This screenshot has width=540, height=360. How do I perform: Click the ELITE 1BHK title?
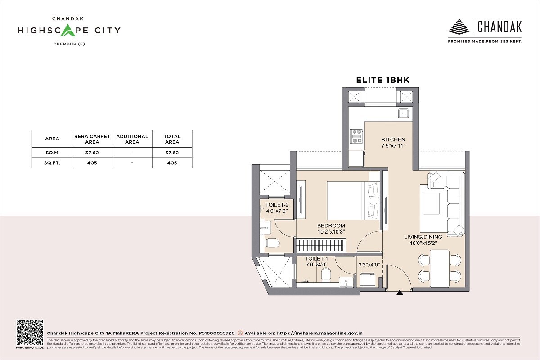click(x=382, y=80)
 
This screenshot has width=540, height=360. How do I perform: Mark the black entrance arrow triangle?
click(x=400, y=293)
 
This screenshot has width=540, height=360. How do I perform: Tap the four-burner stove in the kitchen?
click(x=357, y=136)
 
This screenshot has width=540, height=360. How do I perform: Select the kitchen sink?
click(x=403, y=113)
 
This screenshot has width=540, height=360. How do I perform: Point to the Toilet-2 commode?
click(x=272, y=243)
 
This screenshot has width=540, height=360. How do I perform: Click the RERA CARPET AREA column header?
click(x=92, y=139)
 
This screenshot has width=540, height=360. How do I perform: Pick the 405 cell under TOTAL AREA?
click(x=172, y=163)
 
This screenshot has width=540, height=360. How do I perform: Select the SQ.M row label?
click(x=52, y=153)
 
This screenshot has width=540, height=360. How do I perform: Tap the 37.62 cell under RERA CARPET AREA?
click(x=92, y=153)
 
